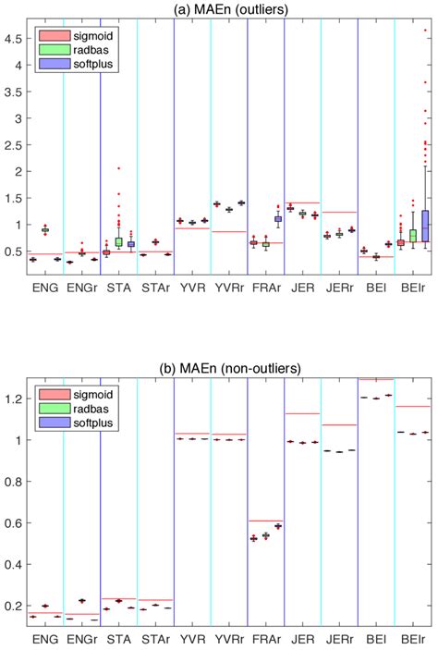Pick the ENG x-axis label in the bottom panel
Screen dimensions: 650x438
(x=44, y=639)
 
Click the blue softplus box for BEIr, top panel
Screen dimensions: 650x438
(x=424, y=226)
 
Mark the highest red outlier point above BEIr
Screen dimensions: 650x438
(x=424, y=31)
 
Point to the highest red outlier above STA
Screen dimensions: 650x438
(x=118, y=168)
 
